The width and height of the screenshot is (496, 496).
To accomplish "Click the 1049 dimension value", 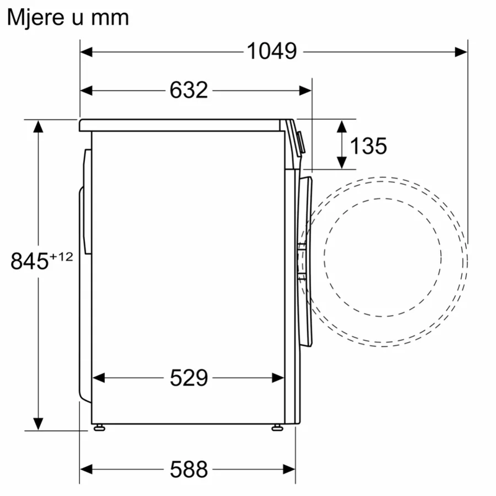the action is click(272, 51).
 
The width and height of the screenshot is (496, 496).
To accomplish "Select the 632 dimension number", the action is click(189, 90).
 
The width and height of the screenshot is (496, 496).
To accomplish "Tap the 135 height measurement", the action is click(368, 146).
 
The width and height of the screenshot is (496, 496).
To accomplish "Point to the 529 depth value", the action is click(189, 378).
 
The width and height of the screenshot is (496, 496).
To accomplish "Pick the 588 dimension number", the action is click(189, 469).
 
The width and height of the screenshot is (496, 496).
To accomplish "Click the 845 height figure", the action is click(29, 261).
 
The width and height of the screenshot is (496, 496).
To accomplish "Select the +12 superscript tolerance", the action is click(61, 257).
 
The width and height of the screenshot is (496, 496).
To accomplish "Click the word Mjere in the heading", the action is click(36, 17).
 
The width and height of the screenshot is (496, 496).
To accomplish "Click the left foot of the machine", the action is click(99, 428).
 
